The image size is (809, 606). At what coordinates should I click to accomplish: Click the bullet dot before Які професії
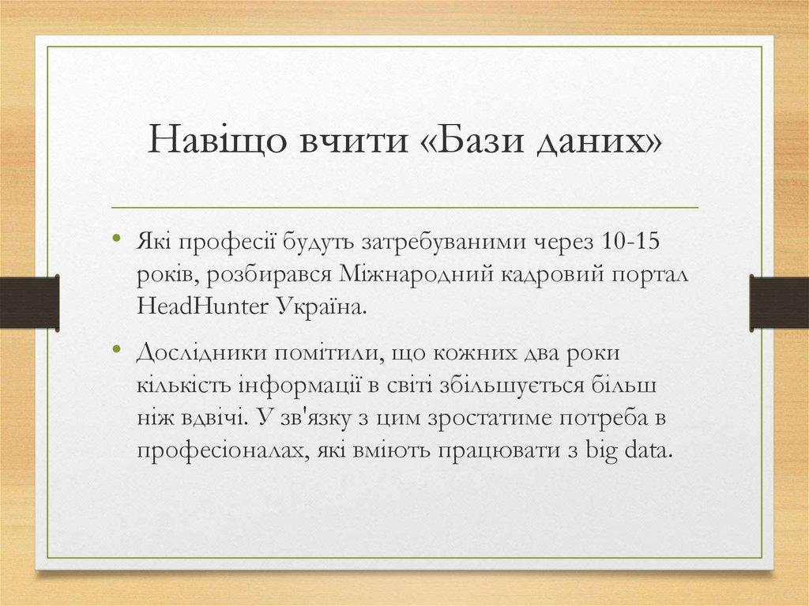point(116,239)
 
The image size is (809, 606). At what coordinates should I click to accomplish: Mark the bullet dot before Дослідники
point(116,351)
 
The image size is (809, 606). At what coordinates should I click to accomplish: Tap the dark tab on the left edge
point(29,302)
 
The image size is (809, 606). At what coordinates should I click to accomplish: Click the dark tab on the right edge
point(779,302)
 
